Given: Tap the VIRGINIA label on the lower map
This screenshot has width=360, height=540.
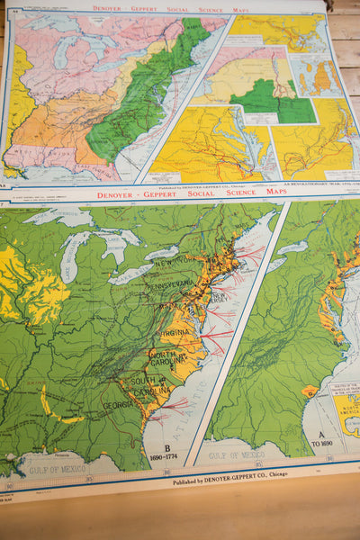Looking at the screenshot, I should coord(176,332).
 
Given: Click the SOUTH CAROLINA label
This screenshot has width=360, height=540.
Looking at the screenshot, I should coord(147,390).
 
